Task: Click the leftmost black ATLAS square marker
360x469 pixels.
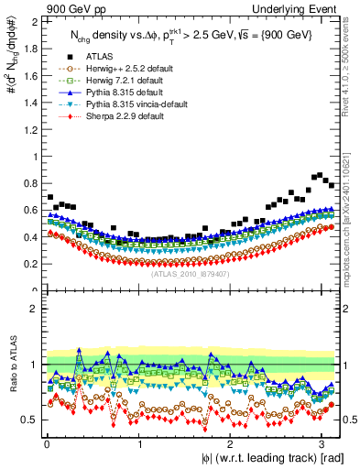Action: pos(50,197)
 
